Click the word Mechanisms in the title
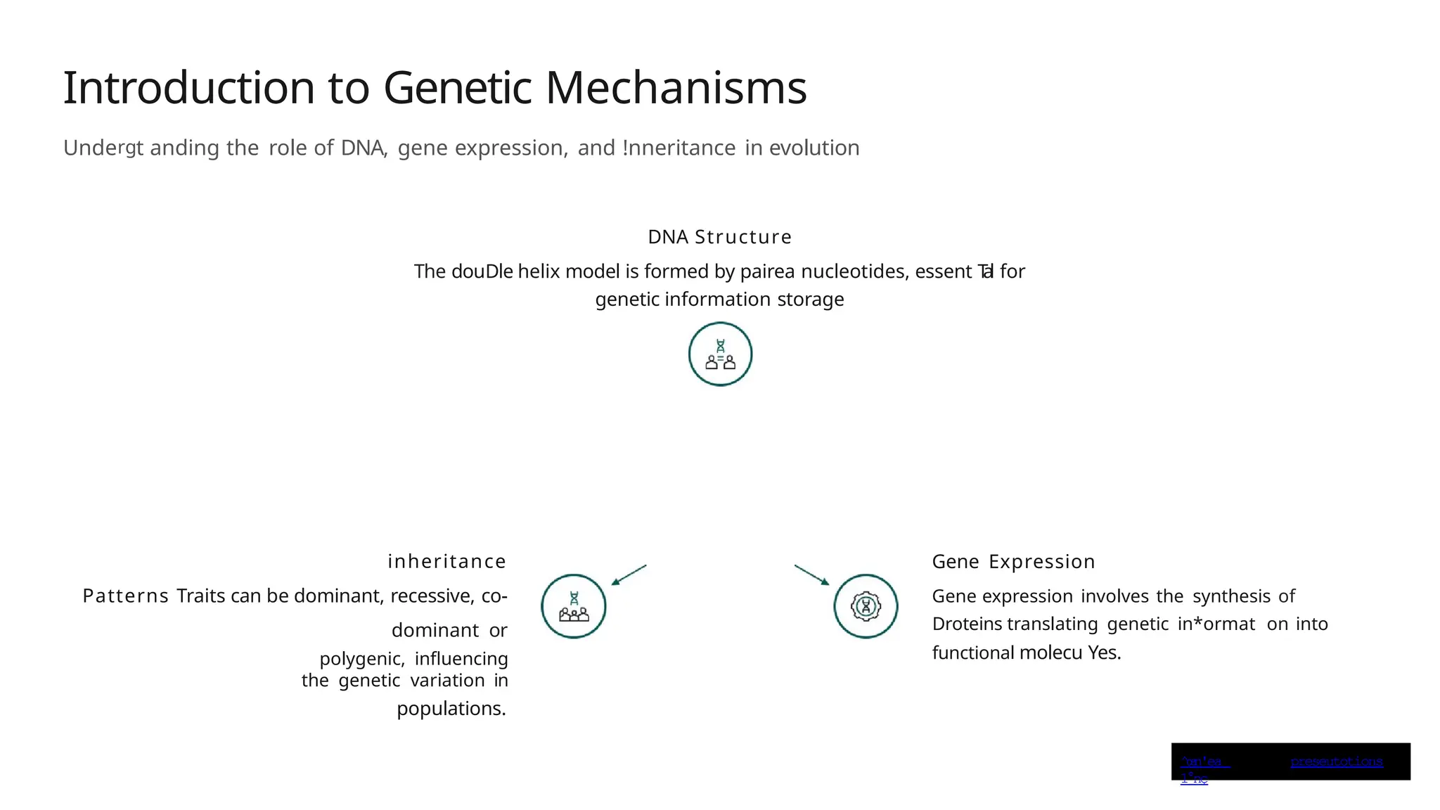pyautogui.click(x=675, y=89)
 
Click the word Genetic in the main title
pyautogui.click(x=457, y=89)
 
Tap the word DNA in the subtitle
pyautogui.click(x=362, y=148)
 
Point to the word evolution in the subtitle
pyautogui.click(x=814, y=148)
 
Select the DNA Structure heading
pyautogui.click(x=719, y=237)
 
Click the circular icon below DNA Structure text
pyautogui.click(x=720, y=354)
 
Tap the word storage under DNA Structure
pyautogui.click(x=810, y=300)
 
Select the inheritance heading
pyautogui.click(x=446, y=562)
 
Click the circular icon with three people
pyautogui.click(x=574, y=606)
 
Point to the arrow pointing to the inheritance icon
pyautogui.click(x=629, y=574)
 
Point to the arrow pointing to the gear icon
pyautogui.click(x=812, y=574)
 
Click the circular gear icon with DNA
pyautogui.click(x=866, y=606)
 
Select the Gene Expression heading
pyautogui.click(x=1013, y=562)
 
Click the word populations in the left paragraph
pyautogui.click(x=450, y=709)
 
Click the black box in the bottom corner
pyautogui.click(x=1290, y=761)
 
